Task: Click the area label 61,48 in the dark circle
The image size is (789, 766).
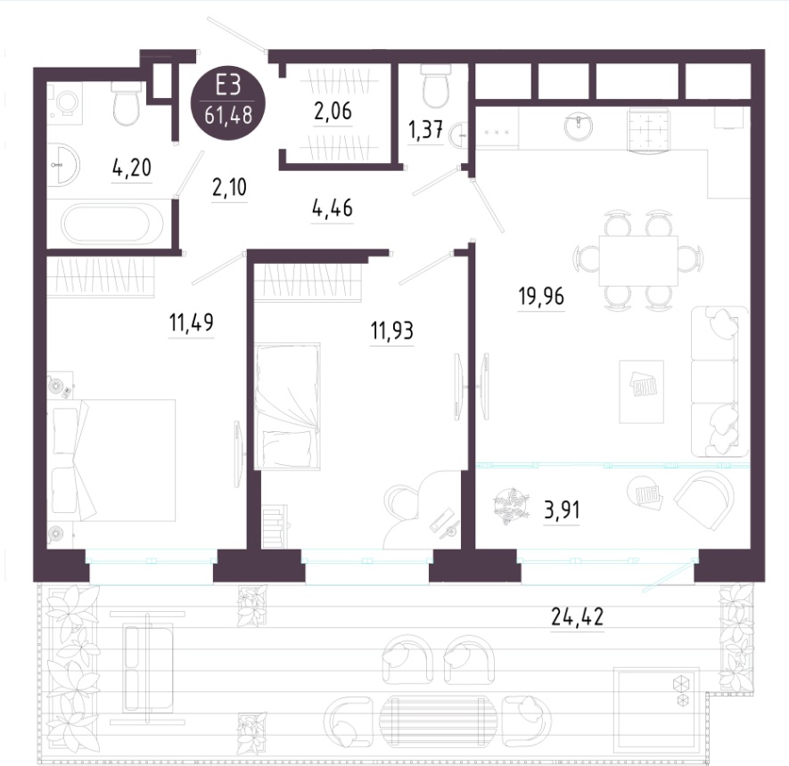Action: tap(228, 116)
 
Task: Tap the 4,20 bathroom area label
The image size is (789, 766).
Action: tap(132, 167)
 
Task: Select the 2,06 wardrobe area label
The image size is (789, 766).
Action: tap(333, 111)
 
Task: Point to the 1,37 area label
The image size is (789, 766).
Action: tap(425, 130)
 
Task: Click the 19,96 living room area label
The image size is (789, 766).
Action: tap(541, 297)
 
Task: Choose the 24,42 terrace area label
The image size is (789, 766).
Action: tap(577, 616)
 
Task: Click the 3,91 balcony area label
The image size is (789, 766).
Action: tap(562, 510)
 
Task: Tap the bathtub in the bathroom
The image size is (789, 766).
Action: tap(112, 224)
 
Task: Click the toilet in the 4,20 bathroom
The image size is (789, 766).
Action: tap(127, 103)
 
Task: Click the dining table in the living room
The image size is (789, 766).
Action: tap(638, 261)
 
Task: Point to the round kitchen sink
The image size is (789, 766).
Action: tap(579, 125)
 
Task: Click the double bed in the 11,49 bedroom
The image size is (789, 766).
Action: tap(112, 460)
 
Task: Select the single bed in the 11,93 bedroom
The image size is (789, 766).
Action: tap(287, 406)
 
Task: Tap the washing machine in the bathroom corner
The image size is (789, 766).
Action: tap(64, 103)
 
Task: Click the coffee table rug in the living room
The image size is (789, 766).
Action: tap(642, 392)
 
